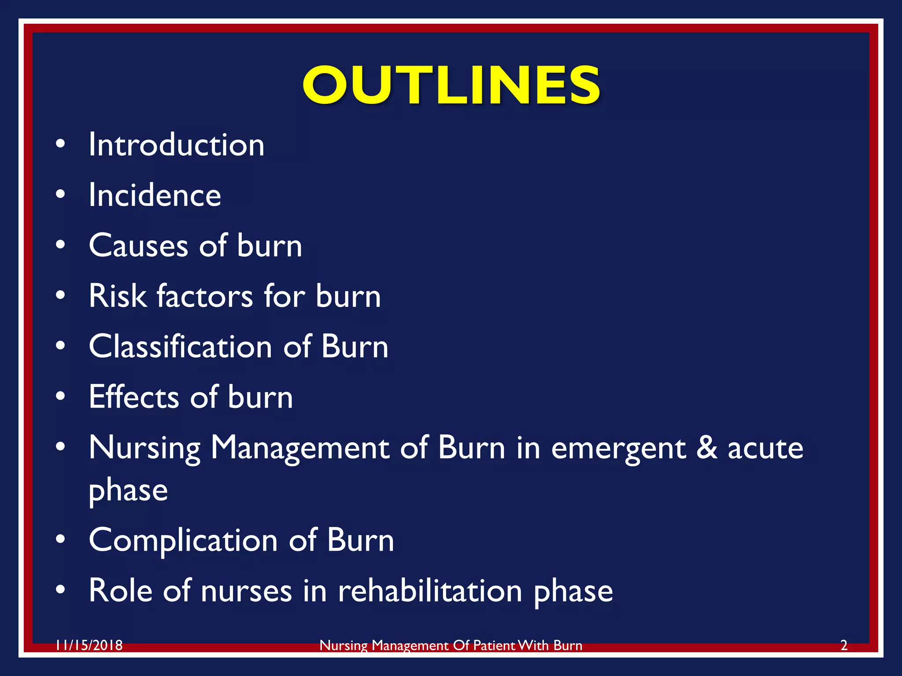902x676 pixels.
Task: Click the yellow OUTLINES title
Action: [451, 84]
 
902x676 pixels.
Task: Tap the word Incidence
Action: [155, 195]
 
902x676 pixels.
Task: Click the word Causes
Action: [138, 246]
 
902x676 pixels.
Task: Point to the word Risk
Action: [117, 296]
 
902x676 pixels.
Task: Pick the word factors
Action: [205, 296]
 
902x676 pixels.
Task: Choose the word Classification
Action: [181, 346]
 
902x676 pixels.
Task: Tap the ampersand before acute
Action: [707, 447]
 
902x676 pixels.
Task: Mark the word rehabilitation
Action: [430, 591]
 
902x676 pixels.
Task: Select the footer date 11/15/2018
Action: [89, 646]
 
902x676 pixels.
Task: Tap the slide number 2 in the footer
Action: [844, 646]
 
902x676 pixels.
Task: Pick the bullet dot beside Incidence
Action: [60, 194]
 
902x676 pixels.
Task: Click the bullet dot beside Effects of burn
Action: [60, 396]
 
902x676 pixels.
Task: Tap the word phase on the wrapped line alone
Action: [128, 491]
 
